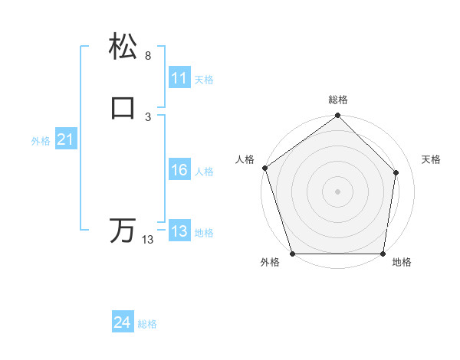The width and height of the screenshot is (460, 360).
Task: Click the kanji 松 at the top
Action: tap(123, 47)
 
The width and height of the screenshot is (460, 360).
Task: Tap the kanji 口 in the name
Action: tap(123, 108)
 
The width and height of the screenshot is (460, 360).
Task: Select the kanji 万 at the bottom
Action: tap(123, 231)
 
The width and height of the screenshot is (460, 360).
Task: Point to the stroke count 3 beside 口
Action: tap(147, 116)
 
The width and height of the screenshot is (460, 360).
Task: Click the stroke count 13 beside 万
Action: tap(147, 240)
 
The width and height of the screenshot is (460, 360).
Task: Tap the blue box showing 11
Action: tap(179, 77)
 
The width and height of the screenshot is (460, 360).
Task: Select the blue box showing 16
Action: tap(179, 170)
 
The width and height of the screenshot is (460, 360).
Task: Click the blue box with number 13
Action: tap(179, 231)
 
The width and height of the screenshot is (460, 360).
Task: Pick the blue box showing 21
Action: tap(65, 139)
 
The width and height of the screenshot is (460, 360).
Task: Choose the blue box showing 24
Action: tap(123, 323)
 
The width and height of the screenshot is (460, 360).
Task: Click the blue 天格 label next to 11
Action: tap(204, 79)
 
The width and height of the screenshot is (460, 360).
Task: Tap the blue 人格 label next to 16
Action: tap(204, 172)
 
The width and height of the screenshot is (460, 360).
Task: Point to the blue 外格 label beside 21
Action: tap(41, 141)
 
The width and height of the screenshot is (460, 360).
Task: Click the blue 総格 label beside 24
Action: tap(147, 325)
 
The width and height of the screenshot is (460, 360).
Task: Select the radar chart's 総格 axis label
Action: tap(337, 100)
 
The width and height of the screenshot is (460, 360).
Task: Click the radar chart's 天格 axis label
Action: tap(431, 159)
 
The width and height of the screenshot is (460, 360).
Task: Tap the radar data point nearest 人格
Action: tap(264, 168)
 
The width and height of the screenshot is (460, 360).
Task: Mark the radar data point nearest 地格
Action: tap(383, 254)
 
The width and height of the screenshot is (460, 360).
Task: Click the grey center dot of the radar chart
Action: tap(337, 191)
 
